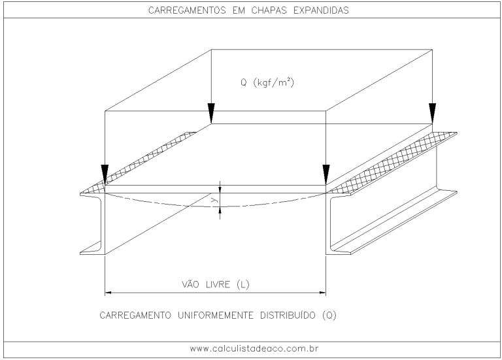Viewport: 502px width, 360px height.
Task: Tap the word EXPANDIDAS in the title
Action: coord(324,10)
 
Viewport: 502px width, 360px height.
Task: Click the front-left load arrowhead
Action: coord(105,174)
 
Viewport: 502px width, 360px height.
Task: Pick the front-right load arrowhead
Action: coord(326,174)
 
